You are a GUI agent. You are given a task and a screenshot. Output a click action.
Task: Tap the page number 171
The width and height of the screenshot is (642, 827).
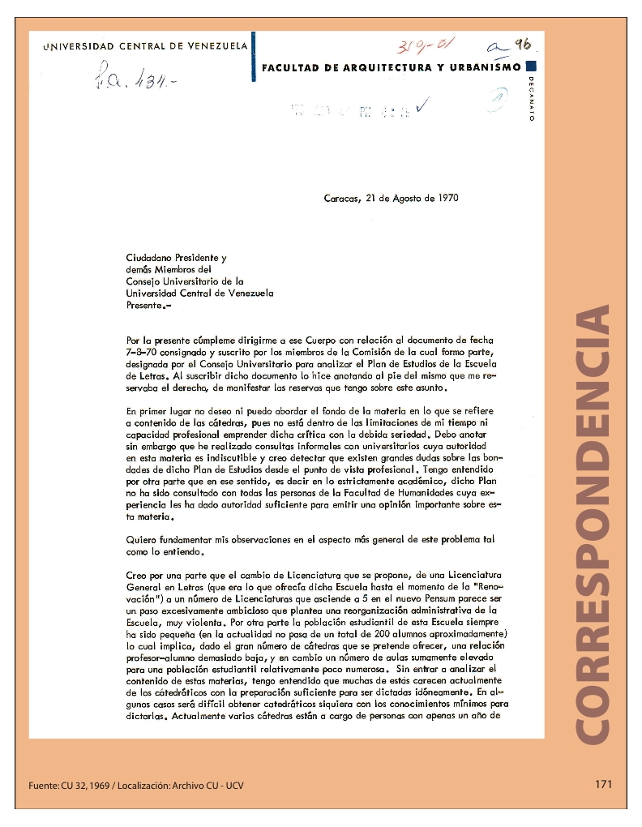click(602, 784)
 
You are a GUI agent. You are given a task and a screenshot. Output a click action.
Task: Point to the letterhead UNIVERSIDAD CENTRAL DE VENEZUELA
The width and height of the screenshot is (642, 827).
click(145, 46)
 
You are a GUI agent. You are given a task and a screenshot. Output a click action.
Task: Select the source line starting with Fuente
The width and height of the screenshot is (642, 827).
click(136, 785)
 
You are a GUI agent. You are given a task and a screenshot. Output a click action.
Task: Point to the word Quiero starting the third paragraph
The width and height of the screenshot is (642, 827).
click(141, 539)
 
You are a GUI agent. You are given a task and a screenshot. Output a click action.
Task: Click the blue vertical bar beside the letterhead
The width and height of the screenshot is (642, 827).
click(254, 56)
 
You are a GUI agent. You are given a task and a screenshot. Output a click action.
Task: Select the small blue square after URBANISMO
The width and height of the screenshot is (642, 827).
click(530, 67)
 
